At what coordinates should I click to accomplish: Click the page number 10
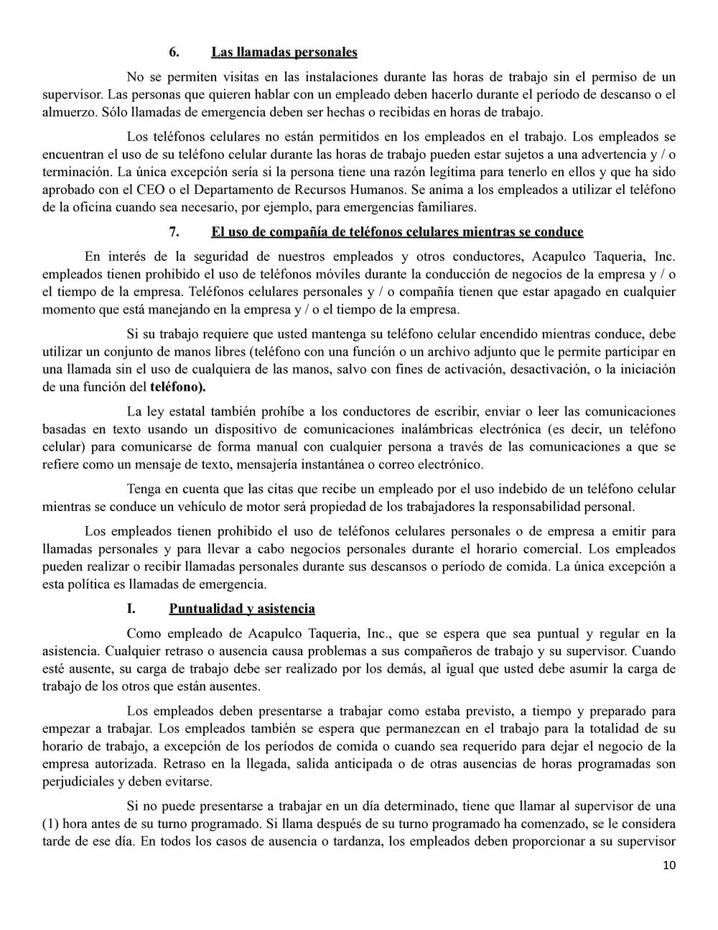669,865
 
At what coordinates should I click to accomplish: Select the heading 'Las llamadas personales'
284,52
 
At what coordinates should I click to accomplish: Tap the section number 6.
174,52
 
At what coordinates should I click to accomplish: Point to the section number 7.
174,232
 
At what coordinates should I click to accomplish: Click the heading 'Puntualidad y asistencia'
242,609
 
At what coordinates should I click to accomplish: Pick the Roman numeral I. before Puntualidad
131,609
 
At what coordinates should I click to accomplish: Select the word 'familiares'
447,208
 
